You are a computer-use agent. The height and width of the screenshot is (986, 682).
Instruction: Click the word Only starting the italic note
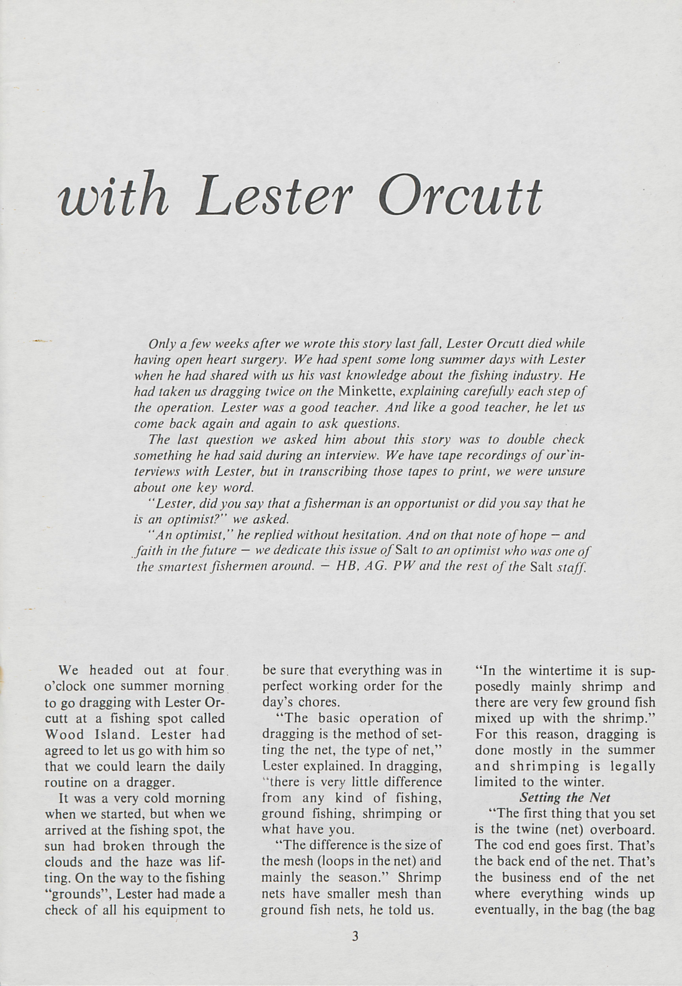tap(160, 343)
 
